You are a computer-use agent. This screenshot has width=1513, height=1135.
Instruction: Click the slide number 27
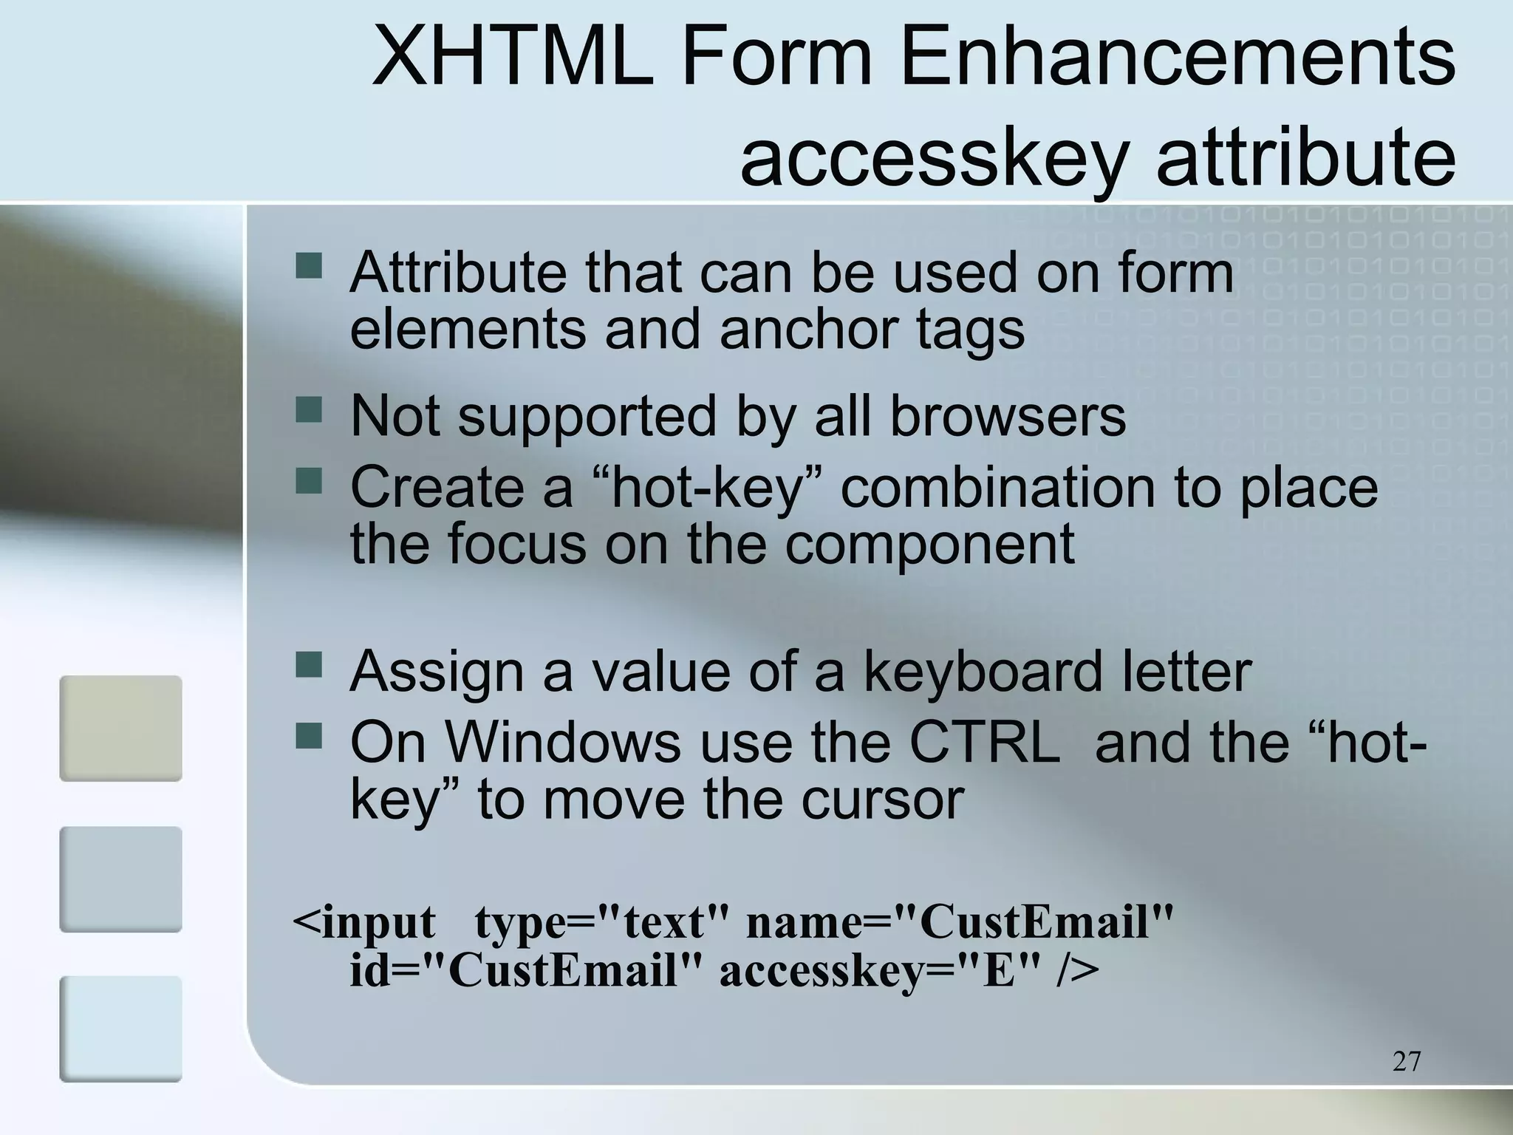coord(1406,1062)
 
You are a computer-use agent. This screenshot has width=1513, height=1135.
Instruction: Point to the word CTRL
coord(984,742)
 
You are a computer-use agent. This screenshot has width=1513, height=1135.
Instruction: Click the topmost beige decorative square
coord(120,728)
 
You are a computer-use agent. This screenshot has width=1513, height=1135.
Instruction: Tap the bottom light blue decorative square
coord(120,1029)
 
